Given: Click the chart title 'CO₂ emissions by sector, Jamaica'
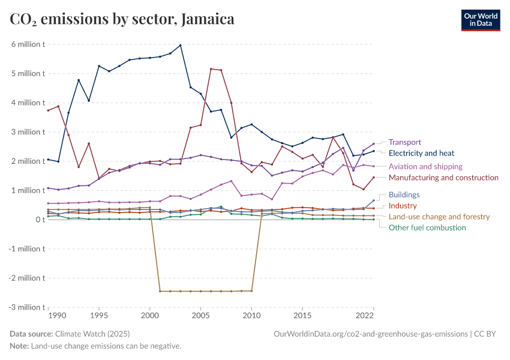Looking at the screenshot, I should [122, 19].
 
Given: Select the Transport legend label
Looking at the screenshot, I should [405, 142].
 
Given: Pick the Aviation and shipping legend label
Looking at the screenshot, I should [425, 166].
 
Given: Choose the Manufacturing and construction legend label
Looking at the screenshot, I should [443, 178].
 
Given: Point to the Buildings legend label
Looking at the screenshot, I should [404, 195].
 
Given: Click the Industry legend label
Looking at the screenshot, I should [403, 206].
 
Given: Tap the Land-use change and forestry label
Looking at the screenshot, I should [439, 217].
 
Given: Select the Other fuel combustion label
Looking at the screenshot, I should [427, 227].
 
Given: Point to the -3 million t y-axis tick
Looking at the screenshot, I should [26, 307].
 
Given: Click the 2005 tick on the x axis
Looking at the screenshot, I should [200, 315].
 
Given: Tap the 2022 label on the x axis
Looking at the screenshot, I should [365, 315].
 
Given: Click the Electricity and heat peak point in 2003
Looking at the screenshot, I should [181, 45].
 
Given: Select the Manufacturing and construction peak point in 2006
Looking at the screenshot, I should [211, 69].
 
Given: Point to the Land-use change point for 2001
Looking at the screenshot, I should [160, 291].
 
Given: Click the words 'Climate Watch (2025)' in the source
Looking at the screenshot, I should [92, 334].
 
